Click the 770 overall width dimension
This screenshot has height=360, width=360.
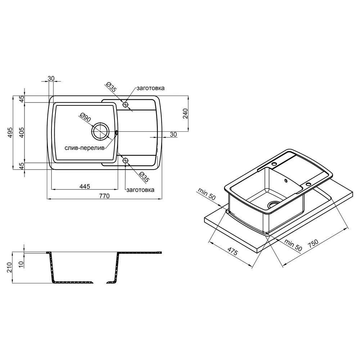pos(104,196)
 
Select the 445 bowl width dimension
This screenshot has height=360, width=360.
pos(85,186)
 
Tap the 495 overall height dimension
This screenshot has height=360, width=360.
pos(10,132)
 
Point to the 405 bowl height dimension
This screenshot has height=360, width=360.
pos(21,132)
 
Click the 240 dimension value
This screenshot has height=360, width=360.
pos(185,113)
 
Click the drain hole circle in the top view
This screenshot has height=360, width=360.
pos(100,131)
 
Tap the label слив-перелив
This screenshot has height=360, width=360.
pos(85,148)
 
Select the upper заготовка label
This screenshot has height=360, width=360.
pos(150,88)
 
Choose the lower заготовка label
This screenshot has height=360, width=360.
pos(140,190)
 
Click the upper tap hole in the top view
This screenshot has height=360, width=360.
pos(125,105)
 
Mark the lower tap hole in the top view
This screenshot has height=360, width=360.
pos(125,161)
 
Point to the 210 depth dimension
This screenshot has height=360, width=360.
pos(9,267)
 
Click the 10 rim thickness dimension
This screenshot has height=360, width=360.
pos(21,265)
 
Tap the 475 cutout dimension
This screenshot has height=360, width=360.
pos(233,252)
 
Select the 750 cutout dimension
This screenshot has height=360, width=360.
pos(313,243)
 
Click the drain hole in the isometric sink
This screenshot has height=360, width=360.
pos(274,204)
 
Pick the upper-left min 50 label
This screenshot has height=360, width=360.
pos(207,194)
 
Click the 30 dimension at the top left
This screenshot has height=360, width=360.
pos(51,78)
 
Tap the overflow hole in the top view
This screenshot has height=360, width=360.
pos(116,132)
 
